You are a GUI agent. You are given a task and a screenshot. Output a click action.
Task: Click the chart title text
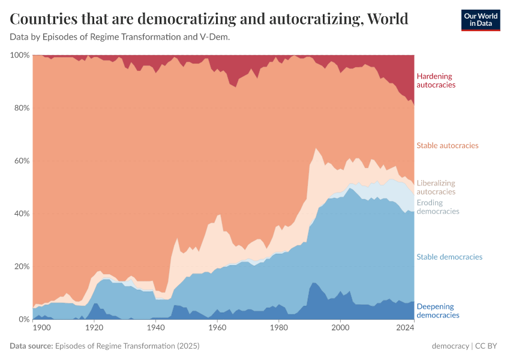coord(209,19)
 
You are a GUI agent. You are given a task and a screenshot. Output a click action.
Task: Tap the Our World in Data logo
coord(480,20)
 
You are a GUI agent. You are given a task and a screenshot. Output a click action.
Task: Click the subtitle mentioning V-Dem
coord(120,37)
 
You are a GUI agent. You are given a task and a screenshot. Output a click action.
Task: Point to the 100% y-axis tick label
coord(20,55)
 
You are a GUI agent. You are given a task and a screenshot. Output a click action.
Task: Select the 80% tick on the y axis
coord(21,108)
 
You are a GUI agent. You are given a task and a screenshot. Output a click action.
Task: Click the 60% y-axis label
coord(21,161)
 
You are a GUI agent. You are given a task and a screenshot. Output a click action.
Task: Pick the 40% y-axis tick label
coord(21,214)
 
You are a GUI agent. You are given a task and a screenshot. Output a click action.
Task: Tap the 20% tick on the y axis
coord(21,266)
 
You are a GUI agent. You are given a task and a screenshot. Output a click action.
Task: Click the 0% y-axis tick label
coord(23,319)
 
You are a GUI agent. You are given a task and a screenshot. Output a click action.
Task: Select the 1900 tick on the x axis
coord(41,328)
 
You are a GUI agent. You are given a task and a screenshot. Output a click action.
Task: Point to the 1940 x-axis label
coord(155,328)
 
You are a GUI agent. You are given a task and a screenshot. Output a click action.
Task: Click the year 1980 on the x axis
coord(278,328)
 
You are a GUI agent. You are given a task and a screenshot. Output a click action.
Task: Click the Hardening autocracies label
coord(436,80)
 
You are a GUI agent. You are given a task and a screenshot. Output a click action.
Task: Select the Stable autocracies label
coord(447,146)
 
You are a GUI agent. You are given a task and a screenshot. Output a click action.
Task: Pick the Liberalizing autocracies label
coord(436,187)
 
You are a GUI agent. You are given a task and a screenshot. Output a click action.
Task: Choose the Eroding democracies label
coord(437,207)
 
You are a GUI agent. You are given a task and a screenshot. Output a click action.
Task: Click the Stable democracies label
coord(449,257)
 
